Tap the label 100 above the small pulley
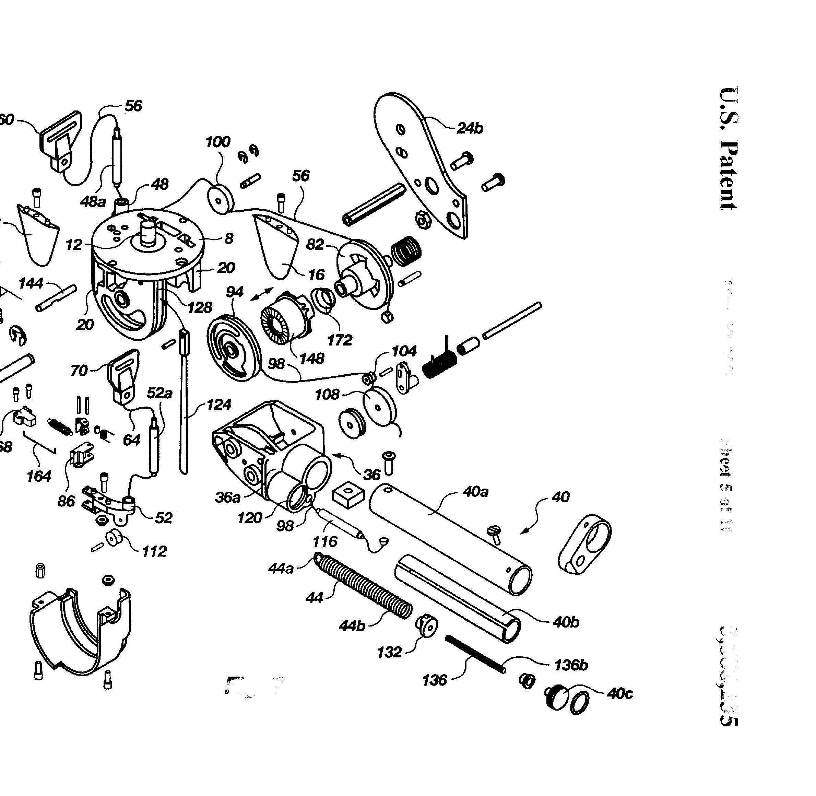click(217, 142)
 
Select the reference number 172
click(340, 340)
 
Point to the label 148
click(312, 358)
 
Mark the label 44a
click(281, 569)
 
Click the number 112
click(154, 551)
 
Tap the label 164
click(38, 476)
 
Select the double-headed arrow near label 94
click(262, 293)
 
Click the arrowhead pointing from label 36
click(335, 454)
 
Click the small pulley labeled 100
click(222, 199)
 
